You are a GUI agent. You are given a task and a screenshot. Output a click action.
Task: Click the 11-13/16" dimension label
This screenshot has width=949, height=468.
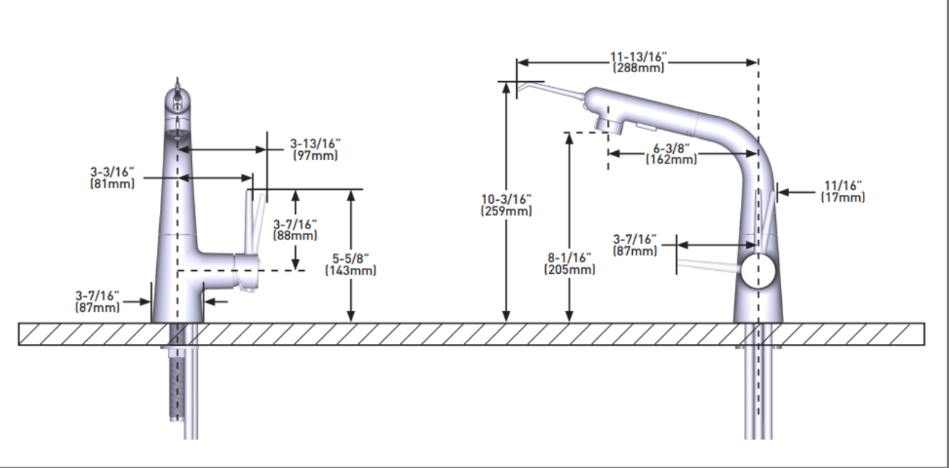(639, 57)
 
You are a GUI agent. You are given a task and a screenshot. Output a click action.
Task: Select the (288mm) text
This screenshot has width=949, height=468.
(639, 68)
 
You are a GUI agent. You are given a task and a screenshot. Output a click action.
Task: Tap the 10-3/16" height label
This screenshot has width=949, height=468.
(507, 199)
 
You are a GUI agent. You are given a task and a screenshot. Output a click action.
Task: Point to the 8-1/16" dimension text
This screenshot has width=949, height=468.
(569, 258)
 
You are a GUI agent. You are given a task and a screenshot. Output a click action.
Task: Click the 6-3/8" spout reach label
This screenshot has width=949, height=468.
(672, 148)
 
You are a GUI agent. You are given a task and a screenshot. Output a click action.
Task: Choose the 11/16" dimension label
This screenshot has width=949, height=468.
(843, 185)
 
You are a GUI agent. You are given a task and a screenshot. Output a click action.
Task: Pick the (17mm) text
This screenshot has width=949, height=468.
(843, 198)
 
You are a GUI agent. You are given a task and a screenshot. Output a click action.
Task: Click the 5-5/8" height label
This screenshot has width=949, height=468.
(351, 258)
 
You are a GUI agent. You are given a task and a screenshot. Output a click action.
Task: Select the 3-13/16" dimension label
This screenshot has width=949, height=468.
(315, 144)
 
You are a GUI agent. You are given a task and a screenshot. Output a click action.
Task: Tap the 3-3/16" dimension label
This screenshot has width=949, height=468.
(112, 172)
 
